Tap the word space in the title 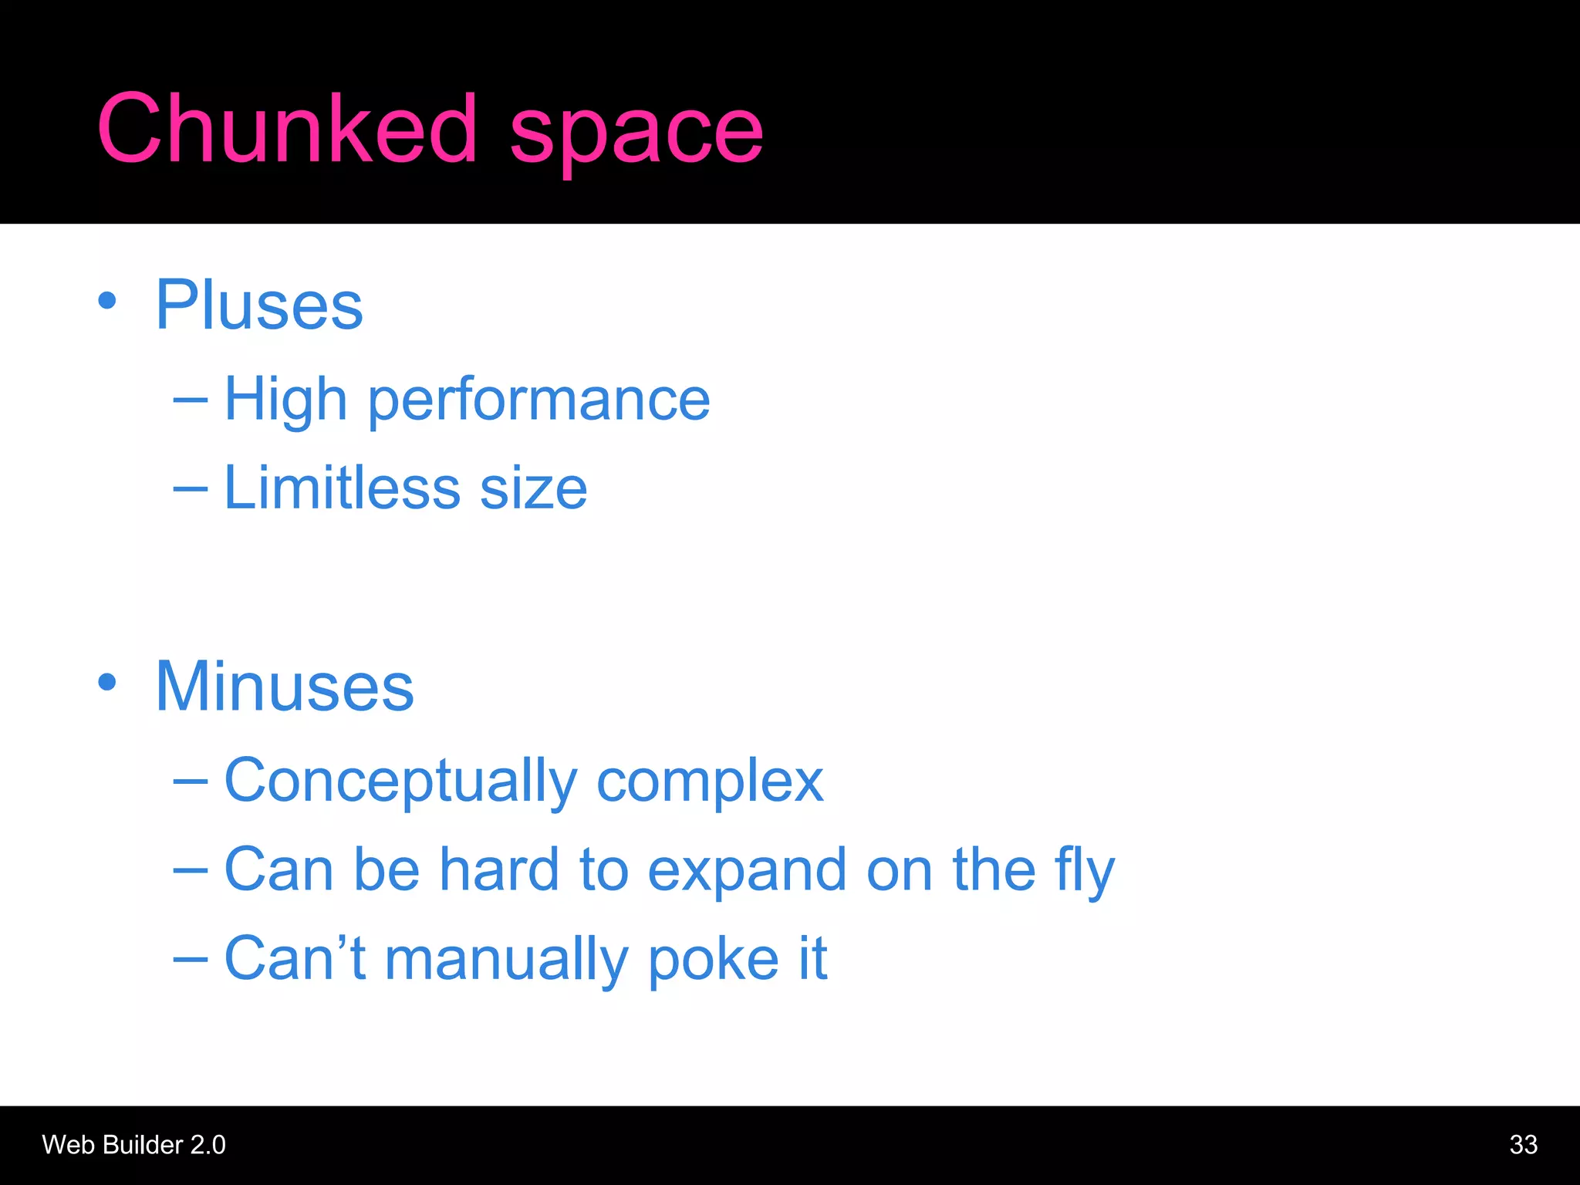pyautogui.click(x=636, y=133)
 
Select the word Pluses pyautogui.click(x=259, y=306)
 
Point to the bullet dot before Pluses pyautogui.click(x=107, y=301)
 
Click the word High pyautogui.click(x=285, y=400)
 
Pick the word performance pyautogui.click(x=538, y=402)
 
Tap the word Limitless pyautogui.click(x=342, y=488)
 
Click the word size pyautogui.click(x=533, y=489)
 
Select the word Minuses pyautogui.click(x=285, y=687)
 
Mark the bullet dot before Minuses pyautogui.click(x=107, y=682)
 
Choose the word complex pyautogui.click(x=710, y=782)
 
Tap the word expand pyautogui.click(x=747, y=871)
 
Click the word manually pyautogui.click(x=506, y=960)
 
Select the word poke pyautogui.click(x=714, y=960)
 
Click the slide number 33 pyautogui.click(x=1523, y=1145)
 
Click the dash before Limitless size pyautogui.click(x=190, y=488)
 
